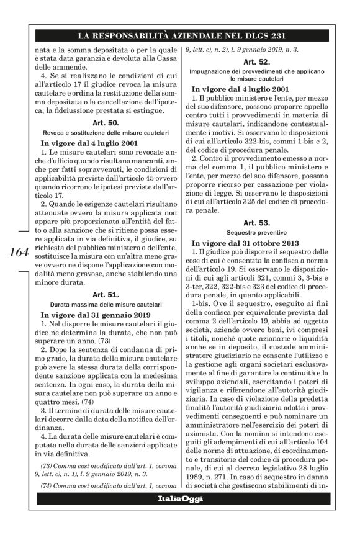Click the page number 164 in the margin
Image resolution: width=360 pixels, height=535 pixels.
pos(19,253)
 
